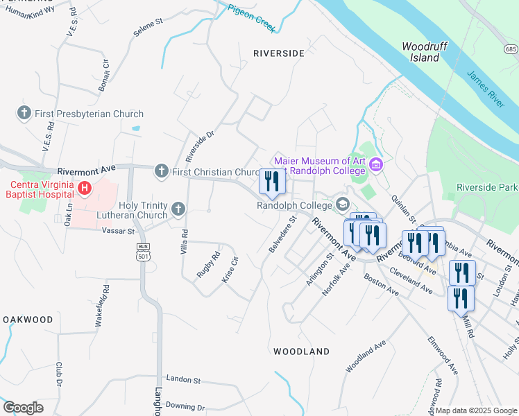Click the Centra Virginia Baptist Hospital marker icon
click(x=85, y=187)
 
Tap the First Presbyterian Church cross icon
click(x=24, y=113)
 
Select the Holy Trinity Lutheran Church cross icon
click(x=178, y=209)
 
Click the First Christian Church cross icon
click(x=162, y=171)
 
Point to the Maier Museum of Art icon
click(x=376, y=165)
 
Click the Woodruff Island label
click(x=421, y=52)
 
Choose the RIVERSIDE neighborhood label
click(x=278, y=53)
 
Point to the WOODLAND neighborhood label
click(x=301, y=352)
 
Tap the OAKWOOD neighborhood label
click(x=27, y=320)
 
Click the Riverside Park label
click(x=487, y=187)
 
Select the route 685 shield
click(x=511, y=49)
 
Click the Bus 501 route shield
click(x=144, y=252)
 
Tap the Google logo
click(x=23, y=408)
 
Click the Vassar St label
click(x=117, y=230)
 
